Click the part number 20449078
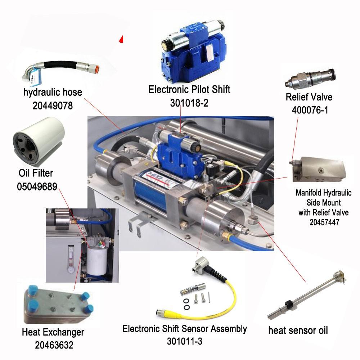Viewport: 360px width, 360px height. [53, 105]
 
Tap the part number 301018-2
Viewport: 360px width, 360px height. [189, 103]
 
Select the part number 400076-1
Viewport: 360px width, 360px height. [310, 110]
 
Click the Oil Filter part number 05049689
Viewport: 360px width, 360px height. [37, 186]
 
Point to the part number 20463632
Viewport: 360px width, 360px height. [54, 345]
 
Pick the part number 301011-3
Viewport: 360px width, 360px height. [185, 341]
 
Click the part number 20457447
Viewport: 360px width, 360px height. [324, 222]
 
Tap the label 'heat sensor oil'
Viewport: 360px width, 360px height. [298, 330]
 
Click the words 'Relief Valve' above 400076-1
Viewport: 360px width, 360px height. [309, 97]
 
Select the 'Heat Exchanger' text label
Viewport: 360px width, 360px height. [53, 332]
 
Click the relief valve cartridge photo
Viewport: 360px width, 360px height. [310, 79]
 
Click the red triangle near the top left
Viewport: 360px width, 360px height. [121, 39]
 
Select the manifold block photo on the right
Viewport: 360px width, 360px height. [318, 169]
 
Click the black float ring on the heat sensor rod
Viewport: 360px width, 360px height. [289, 304]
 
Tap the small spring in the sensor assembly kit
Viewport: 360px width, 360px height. [189, 290]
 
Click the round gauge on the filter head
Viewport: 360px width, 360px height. [100, 245]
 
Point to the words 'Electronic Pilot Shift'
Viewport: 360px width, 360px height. [189, 89]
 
